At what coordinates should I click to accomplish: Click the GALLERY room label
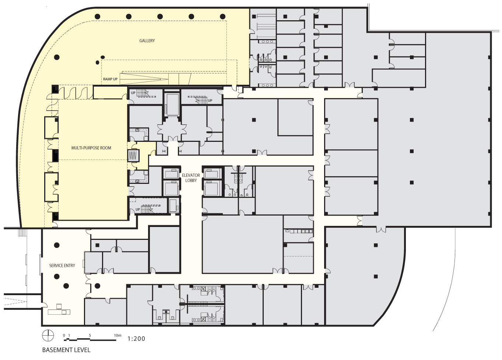coord(147,41)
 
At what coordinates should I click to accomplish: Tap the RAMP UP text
coord(110,79)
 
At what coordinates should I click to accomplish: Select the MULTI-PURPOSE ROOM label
coord(91,148)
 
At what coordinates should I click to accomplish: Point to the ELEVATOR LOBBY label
coord(191,178)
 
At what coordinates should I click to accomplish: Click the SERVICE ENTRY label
coord(62,266)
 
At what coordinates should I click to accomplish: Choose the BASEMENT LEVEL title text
coord(66,350)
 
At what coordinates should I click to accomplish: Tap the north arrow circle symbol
coord(48,336)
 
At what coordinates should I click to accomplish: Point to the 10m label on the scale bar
coord(117,335)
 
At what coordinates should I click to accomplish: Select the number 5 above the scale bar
coord(90,335)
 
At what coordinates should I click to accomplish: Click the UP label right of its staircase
coord(210,100)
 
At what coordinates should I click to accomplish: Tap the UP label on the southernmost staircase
coord(138,210)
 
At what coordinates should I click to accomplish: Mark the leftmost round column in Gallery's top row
coord(98,17)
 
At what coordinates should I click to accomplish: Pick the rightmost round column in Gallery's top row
coord(222,17)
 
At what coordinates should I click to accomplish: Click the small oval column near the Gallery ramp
coord(103,57)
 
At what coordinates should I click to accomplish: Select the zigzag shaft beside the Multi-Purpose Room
coord(133,155)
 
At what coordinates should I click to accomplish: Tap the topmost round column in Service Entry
coord(57,245)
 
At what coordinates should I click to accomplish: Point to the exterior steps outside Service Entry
coord(22,233)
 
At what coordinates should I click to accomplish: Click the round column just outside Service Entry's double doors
coord(98,286)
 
